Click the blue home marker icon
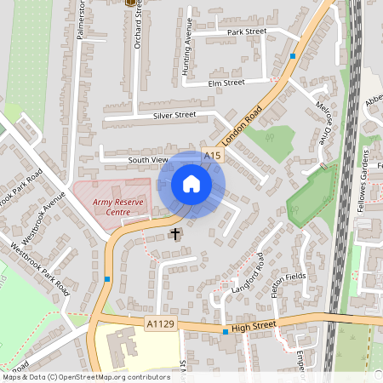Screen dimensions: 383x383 [191, 184]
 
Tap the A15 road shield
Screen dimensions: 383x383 [213, 156]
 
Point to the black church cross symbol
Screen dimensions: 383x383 [176, 232]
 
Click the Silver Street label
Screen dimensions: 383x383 [174, 115]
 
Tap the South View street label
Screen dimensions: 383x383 [148, 159]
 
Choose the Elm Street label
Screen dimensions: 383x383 [226, 83]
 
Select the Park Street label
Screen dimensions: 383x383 [247, 31]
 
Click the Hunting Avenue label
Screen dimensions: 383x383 [188, 54]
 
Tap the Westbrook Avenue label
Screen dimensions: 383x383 [44, 219]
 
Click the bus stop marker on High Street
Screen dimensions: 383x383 [225, 332]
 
